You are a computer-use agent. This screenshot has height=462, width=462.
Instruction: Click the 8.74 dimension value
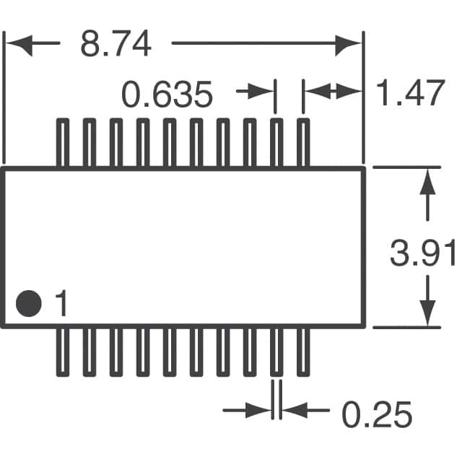click(x=115, y=45)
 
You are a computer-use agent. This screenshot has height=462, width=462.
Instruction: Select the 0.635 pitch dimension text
click(x=167, y=95)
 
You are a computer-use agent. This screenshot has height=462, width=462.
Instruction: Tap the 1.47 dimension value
click(x=409, y=95)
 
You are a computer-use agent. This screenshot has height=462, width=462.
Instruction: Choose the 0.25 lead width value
click(x=376, y=416)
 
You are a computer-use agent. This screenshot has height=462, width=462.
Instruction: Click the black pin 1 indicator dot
click(x=30, y=302)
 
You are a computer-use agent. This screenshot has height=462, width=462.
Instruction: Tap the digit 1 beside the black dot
click(x=61, y=304)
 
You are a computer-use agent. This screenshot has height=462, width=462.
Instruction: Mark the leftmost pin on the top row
click(x=63, y=142)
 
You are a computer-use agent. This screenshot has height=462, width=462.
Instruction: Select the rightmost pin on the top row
click(x=303, y=142)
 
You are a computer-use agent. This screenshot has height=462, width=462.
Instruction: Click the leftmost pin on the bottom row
click(x=63, y=352)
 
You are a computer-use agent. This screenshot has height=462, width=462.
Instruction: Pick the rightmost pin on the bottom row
click(x=303, y=352)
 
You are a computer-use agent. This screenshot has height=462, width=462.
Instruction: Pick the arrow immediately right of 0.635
click(x=256, y=92)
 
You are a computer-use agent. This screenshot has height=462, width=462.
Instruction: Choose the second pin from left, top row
click(x=90, y=142)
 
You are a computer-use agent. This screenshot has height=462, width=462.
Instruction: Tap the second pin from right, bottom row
click(x=276, y=352)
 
